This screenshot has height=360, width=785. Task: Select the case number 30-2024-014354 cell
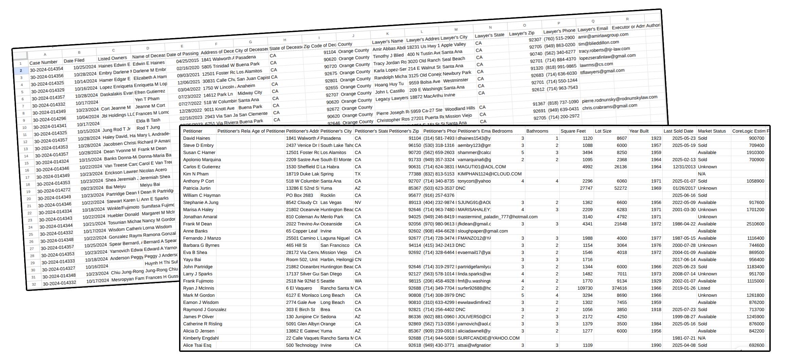(47, 69)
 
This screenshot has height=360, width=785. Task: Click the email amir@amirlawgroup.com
(603, 35)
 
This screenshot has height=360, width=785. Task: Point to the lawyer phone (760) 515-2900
(559, 38)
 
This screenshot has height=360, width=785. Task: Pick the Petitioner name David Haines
(196, 138)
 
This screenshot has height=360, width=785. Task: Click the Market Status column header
(712, 131)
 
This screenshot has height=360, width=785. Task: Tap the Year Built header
(639, 131)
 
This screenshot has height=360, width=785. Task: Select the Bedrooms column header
(502, 131)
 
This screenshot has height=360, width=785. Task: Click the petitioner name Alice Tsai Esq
(197, 345)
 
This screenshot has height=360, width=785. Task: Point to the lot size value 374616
(617, 288)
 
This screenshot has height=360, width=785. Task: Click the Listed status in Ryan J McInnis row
(704, 288)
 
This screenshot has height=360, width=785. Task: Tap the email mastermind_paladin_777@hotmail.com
(498, 217)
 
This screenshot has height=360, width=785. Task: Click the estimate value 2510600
(755, 224)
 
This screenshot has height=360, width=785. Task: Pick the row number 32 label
(34, 284)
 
